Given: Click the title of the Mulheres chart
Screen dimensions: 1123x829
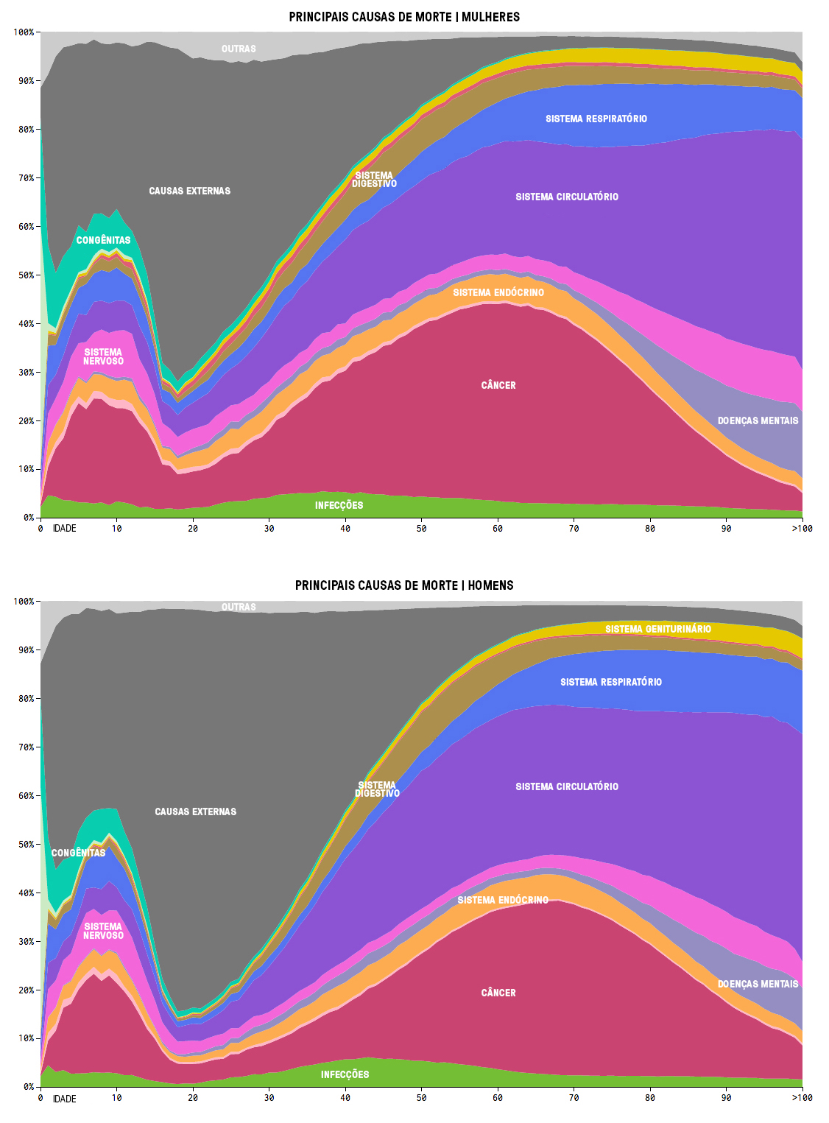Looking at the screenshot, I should pyautogui.click(x=404, y=17).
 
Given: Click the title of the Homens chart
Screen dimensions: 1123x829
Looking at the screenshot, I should pyautogui.click(x=404, y=585).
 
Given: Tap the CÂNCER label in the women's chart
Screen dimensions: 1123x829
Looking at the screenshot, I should pyautogui.click(x=498, y=385).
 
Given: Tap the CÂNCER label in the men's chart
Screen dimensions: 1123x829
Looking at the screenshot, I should pyautogui.click(x=498, y=993).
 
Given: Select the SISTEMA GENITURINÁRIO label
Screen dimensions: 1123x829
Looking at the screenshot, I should pyautogui.click(x=658, y=629).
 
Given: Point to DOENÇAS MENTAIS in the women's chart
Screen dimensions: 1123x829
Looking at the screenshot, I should pyautogui.click(x=758, y=420).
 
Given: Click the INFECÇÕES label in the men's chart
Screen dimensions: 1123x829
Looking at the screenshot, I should pyautogui.click(x=345, y=1074).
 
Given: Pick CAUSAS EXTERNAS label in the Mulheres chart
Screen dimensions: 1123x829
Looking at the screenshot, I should pyautogui.click(x=189, y=191).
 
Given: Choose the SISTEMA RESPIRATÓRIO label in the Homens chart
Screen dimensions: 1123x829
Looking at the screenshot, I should pyautogui.click(x=611, y=682).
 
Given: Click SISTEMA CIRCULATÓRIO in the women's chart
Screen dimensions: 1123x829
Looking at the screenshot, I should pyautogui.click(x=567, y=197).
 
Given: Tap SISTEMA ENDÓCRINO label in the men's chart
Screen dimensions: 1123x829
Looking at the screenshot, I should pyautogui.click(x=503, y=900).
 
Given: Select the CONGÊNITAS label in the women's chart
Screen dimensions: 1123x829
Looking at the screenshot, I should pyautogui.click(x=103, y=240).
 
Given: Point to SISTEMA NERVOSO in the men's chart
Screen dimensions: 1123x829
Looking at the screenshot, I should pyautogui.click(x=103, y=931).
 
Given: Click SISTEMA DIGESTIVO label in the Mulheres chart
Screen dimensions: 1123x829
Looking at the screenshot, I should pyautogui.click(x=374, y=180).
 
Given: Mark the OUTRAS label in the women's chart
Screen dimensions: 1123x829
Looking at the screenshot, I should pyautogui.click(x=239, y=49).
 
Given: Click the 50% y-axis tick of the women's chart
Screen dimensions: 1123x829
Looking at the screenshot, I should pyautogui.click(x=26, y=275).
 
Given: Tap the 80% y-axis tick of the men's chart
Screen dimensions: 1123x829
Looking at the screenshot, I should pyautogui.click(x=26, y=699).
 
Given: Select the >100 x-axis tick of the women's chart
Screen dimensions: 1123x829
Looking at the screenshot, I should pyautogui.click(x=802, y=529).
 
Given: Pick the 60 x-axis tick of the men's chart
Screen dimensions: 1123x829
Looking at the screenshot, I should pyautogui.click(x=498, y=1098).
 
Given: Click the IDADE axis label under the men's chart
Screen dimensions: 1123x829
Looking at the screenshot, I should pyautogui.click(x=65, y=1099).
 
